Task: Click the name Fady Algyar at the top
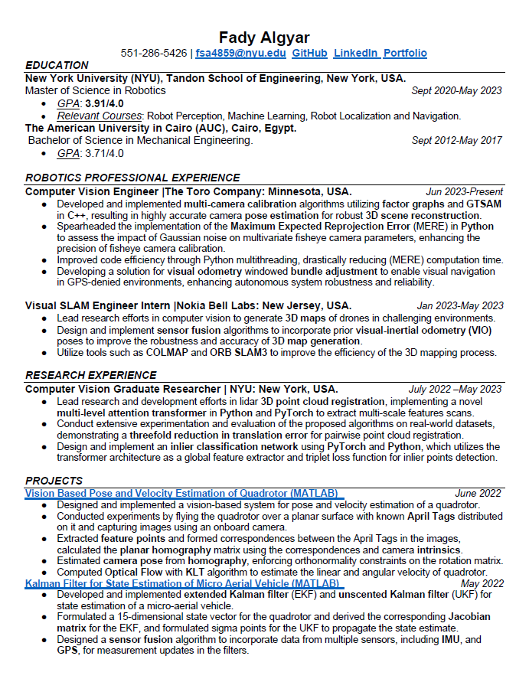(264, 38)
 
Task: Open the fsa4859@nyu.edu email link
(240, 53)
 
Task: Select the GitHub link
(309, 53)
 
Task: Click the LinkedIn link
(355, 53)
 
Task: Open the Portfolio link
(405, 53)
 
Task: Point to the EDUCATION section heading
(57, 65)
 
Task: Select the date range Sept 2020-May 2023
(456, 90)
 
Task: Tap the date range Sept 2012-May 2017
(456, 141)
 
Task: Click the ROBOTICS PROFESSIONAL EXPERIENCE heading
(132, 178)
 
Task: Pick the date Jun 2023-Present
(464, 191)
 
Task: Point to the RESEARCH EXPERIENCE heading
(91, 375)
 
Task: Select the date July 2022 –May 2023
(455, 389)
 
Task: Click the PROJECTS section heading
(54, 481)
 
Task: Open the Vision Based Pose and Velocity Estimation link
(184, 494)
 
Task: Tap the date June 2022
(478, 494)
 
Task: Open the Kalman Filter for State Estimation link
(182, 583)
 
